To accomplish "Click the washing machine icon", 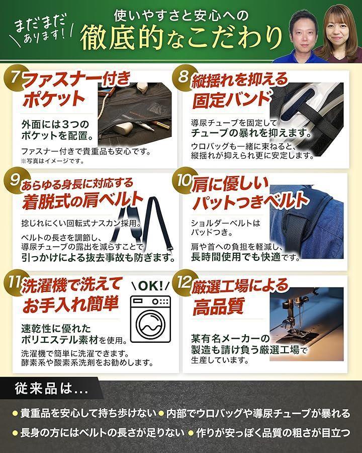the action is pyautogui.click(x=150, y=319).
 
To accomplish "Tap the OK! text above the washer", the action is pyautogui.click(x=150, y=286).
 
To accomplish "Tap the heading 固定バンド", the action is pyautogui.click(x=231, y=100).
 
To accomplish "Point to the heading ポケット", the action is pyautogui.click(x=54, y=99).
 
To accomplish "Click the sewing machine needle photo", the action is pyautogui.click(x=307, y=324).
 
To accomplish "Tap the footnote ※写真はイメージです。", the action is pyautogui.click(x=53, y=161).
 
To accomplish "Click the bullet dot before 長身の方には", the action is pyautogui.click(x=15, y=433).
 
